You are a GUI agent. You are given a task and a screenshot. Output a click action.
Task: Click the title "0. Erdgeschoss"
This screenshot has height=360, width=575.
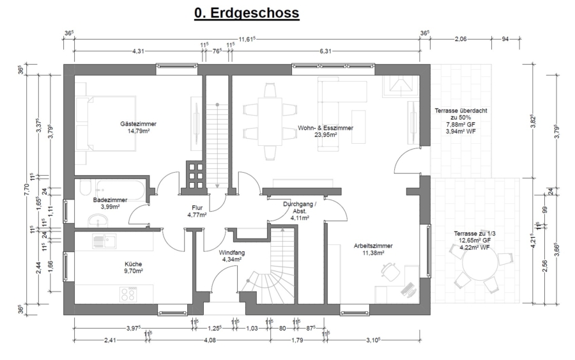pos(247,13)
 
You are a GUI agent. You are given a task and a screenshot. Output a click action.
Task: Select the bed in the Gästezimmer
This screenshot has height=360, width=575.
pos(106,123)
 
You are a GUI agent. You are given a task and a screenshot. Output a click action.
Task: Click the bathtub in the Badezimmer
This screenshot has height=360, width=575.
pos(121,189)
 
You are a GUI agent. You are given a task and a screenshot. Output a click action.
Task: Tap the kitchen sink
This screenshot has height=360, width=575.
pos(104,242)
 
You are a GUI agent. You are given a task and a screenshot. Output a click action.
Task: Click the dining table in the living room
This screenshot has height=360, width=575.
pos(270,121)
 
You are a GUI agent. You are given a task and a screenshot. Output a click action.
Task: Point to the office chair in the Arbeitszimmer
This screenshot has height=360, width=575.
pos(390,272)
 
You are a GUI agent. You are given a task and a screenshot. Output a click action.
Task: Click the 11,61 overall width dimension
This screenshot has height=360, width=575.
pos(247,39)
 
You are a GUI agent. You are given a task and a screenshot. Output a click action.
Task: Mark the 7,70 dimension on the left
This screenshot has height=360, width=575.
pos(26,189)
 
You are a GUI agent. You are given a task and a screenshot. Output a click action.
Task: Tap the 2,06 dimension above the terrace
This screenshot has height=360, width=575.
pos(461,39)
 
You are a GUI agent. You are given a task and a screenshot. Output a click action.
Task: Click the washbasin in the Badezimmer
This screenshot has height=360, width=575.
pos(98,221)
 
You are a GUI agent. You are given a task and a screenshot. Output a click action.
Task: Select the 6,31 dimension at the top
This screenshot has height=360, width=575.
pos(325,51)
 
